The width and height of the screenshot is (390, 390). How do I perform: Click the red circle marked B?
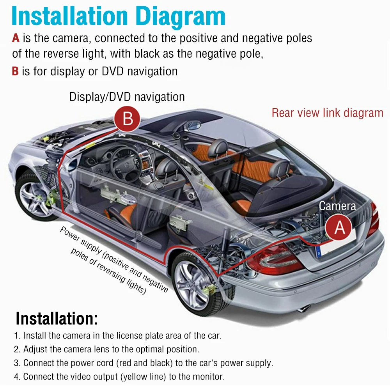tap(128, 118)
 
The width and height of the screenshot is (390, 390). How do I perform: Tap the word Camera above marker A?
tap(337, 206)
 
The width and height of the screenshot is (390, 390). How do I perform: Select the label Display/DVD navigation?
tap(127, 96)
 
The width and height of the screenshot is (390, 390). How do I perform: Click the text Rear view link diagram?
tap(328, 113)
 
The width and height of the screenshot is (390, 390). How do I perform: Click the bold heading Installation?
tap(57, 319)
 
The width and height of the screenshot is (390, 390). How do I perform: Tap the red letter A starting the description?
tap(16, 38)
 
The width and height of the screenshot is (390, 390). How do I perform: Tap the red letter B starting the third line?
tap(15, 71)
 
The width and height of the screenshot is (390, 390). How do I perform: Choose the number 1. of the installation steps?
tap(17, 335)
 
